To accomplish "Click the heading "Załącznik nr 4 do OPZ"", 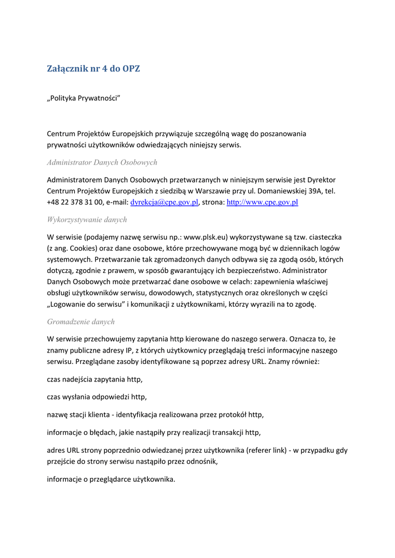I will click(x=93, y=69).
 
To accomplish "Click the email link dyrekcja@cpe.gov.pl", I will click(x=164, y=202).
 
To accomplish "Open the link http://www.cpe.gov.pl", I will click(x=262, y=202).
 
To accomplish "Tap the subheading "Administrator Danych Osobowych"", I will click(x=102, y=162).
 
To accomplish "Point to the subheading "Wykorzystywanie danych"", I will click(x=87, y=220).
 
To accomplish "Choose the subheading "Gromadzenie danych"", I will click(x=81, y=322).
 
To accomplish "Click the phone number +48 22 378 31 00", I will click(x=75, y=202).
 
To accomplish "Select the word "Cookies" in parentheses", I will click(x=81, y=248).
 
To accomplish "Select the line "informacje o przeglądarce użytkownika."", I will click(x=111, y=480).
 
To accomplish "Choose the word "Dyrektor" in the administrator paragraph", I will click(x=321, y=179).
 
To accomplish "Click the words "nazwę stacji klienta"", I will click(x=78, y=415).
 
